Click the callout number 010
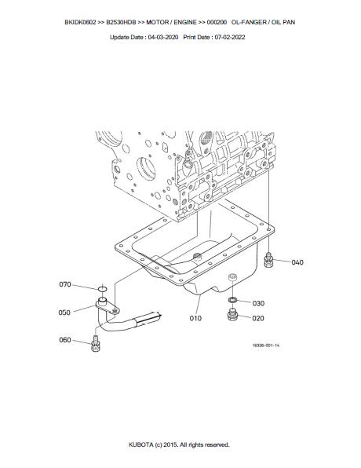(x=195, y=318)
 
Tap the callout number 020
(x=258, y=318)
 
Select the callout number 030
(x=258, y=303)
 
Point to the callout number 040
(x=297, y=262)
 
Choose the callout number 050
(x=64, y=313)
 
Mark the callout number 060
(x=65, y=340)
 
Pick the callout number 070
(x=65, y=284)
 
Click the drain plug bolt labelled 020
(x=232, y=315)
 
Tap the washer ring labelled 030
(x=232, y=299)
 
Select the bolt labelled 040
(x=268, y=260)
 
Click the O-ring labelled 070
(x=102, y=289)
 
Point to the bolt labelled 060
(x=96, y=344)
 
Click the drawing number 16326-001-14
(x=266, y=346)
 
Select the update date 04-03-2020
(x=163, y=38)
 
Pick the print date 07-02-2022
(x=230, y=38)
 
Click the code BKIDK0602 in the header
(x=80, y=23)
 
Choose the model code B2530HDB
(x=121, y=23)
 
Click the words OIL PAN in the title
(x=283, y=23)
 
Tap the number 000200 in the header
(x=217, y=23)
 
